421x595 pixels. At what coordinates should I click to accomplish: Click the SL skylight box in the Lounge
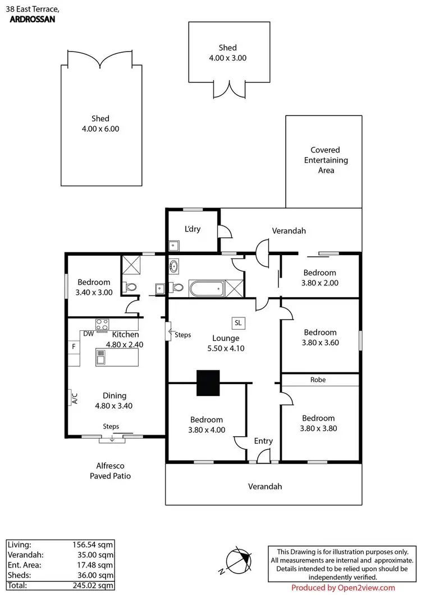click(x=237, y=323)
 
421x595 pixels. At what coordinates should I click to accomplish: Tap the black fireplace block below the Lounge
click(x=208, y=384)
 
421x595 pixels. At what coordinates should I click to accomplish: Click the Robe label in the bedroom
click(x=318, y=380)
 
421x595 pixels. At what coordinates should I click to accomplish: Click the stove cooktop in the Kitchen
click(x=102, y=324)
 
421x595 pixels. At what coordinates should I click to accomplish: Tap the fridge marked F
click(x=74, y=347)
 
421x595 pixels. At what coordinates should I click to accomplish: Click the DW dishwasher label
click(x=88, y=334)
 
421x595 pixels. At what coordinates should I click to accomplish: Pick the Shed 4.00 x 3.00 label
click(x=228, y=53)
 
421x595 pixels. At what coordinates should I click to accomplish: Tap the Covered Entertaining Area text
click(x=326, y=160)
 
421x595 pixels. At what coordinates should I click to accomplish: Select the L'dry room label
click(x=193, y=229)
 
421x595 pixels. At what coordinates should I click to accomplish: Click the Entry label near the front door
click(x=263, y=441)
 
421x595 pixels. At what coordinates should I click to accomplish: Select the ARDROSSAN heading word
click(x=34, y=19)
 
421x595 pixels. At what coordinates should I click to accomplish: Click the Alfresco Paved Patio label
click(x=111, y=471)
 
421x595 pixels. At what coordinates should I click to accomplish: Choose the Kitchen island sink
click(x=101, y=356)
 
